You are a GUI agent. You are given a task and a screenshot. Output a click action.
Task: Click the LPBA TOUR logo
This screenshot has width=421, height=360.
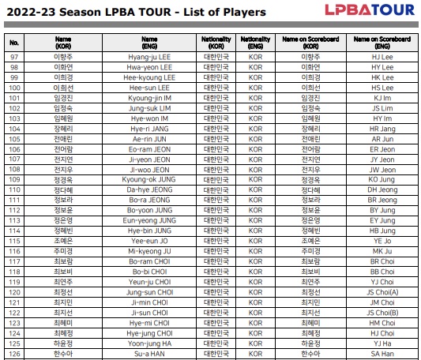pos(369,10)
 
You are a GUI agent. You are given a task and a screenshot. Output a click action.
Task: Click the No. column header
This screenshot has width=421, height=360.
pos(14,42)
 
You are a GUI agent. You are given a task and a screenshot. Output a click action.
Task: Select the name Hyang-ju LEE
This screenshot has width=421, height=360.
pos(149,58)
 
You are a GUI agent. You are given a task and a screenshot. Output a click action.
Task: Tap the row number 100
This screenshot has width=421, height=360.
pos(14,88)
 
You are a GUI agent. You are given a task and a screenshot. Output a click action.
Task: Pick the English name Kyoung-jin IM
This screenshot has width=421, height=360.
pos(149,98)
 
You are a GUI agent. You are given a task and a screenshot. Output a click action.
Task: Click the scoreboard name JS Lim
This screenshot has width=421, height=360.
pos(382,108)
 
